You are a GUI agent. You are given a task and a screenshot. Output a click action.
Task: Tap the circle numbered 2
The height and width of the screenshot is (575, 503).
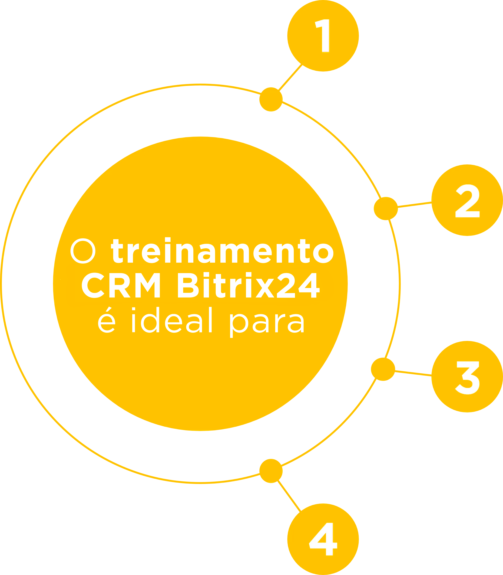click(x=467, y=200)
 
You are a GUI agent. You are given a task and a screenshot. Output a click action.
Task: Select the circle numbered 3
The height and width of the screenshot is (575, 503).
click(x=467, y=377)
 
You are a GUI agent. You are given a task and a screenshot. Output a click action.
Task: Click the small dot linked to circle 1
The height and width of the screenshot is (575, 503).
click(x=271, y=99)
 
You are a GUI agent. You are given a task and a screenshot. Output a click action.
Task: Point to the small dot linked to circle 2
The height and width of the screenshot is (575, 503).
click(x=386, y=209)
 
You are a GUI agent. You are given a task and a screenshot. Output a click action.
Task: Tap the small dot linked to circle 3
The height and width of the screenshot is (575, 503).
click(x=383, y=369)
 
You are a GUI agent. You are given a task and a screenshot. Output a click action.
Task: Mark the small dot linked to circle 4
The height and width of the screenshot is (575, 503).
click(x=271, y=471)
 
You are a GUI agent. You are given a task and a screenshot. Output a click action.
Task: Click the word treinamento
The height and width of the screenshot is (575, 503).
click(x=222, y=251)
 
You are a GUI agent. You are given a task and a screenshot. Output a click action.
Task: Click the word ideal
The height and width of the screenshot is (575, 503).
click(x=171, y=320)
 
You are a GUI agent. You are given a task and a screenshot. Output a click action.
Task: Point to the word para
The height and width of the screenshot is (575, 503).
click(x=267, y=323)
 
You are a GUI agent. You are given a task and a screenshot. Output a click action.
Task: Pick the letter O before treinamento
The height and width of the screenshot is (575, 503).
click(x=83, y=251)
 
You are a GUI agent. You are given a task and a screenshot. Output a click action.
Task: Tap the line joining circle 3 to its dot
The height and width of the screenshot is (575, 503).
click(x=414, y=373)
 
